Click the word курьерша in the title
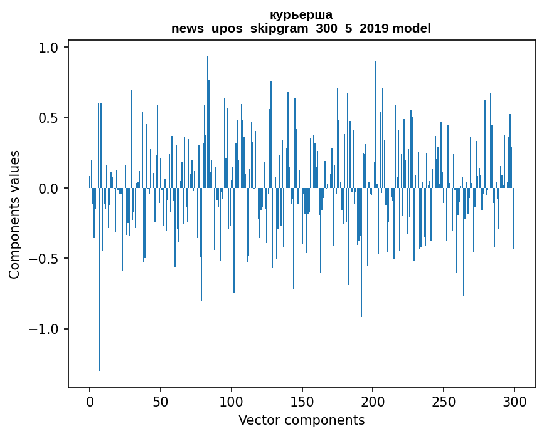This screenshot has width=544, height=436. (301, 15)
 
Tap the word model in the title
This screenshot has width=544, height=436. (412, 28)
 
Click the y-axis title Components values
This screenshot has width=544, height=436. (14, 215)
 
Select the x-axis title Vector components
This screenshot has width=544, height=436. (301, 420)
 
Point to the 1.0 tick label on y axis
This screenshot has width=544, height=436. (48, 48)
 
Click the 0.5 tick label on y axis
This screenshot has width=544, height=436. (48, 118)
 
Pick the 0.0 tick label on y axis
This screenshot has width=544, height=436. (48, 189)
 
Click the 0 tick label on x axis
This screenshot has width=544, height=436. (90, 402)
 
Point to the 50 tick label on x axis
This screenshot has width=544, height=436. (160, 402)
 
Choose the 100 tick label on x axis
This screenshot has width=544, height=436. (231, 402)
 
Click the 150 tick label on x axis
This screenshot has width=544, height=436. (302, 402)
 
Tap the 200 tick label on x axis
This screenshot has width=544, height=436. (373, 402)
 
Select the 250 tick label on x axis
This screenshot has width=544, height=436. (444, 402)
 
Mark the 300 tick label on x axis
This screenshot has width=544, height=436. (514, 402)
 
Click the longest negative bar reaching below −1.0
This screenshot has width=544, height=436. (100, 279)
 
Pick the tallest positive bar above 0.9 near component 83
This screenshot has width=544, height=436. (208, 122)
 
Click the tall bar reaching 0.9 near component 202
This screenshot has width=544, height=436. (376, 124)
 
